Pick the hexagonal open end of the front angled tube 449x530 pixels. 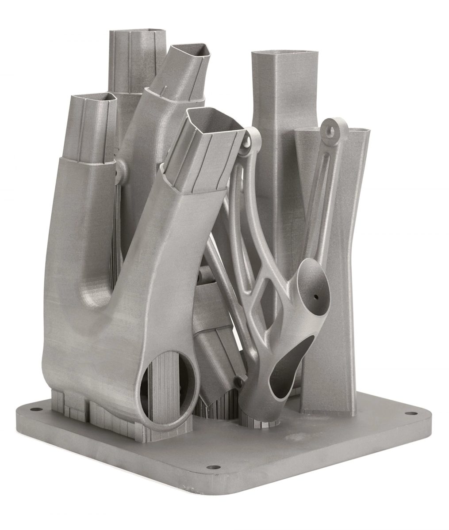pos(216,119)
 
